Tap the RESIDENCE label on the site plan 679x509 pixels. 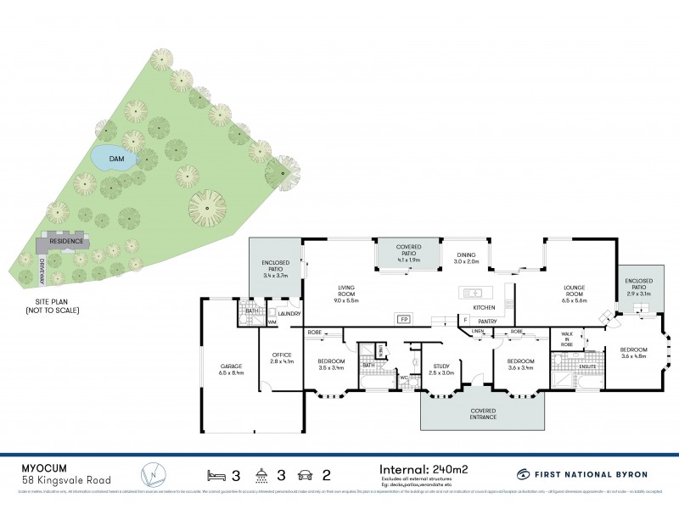click(65, 241)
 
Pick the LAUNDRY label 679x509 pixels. click(289, 314)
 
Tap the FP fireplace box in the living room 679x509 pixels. click(404, 320)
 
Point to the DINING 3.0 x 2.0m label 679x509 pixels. click(466, 258)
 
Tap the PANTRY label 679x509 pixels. click(487, 322)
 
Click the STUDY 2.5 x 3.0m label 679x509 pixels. click(441, 369)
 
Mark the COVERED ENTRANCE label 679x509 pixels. click(482, 415)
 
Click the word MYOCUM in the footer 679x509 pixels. click(42, 467)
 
